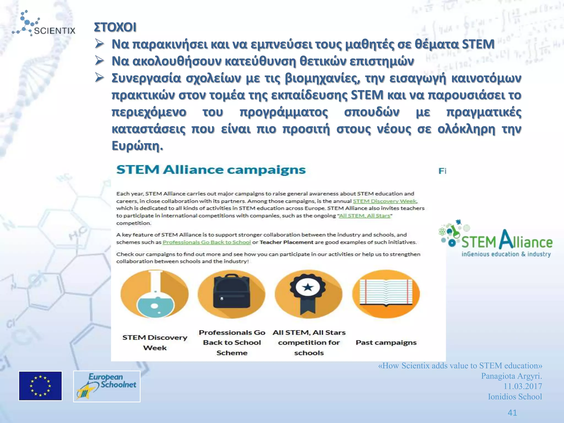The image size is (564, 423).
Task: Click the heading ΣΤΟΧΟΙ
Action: (115, 27)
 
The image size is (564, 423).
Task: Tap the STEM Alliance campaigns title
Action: (211, 170)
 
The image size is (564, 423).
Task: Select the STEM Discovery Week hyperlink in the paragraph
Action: (385, 201)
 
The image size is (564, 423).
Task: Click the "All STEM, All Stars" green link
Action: (364, 216)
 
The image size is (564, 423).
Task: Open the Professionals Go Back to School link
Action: (207, 242)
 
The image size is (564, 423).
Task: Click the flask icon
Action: (154, 294)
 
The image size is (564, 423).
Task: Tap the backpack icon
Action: (232, 294)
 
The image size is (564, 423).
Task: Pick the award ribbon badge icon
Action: (308, 294)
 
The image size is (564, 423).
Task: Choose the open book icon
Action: (386, 294)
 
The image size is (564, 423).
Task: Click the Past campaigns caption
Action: (386, 343)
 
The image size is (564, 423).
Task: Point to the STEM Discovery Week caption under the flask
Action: (155, 343)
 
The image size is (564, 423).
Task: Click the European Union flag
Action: (40, 386)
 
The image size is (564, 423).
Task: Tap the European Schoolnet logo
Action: (107, 386)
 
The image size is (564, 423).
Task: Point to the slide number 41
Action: (512, 413)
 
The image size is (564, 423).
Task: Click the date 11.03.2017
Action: (523, 386)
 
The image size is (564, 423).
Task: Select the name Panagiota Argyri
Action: (511, 376)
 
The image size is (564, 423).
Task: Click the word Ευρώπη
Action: (137, 146)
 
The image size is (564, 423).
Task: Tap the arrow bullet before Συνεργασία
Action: (99, 78)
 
